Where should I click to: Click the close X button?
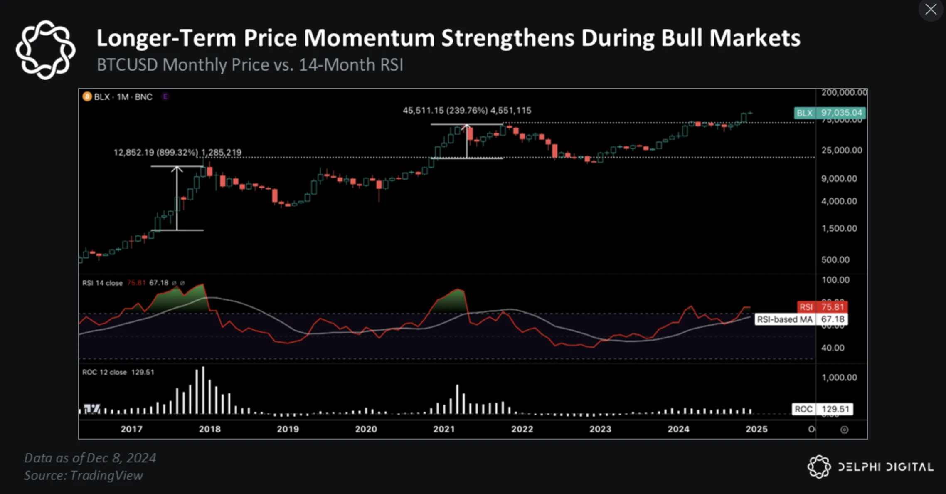931,9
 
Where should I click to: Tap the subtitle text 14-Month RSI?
351,65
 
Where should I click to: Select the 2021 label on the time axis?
443,429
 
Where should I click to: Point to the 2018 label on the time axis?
209,429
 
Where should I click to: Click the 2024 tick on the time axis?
678,429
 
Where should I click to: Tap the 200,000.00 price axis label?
844,93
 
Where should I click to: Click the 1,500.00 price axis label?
839,228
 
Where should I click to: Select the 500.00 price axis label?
835,260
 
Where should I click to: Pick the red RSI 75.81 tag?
822,307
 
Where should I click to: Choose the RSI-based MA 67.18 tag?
801,319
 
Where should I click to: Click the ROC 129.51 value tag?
822,409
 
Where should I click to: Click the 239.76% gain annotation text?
467,111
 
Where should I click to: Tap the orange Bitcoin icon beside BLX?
87,97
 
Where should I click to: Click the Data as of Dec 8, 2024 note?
90,458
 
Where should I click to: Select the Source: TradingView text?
84,475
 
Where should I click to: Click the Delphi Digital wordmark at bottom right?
885,467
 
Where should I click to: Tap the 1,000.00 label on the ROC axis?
839,378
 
